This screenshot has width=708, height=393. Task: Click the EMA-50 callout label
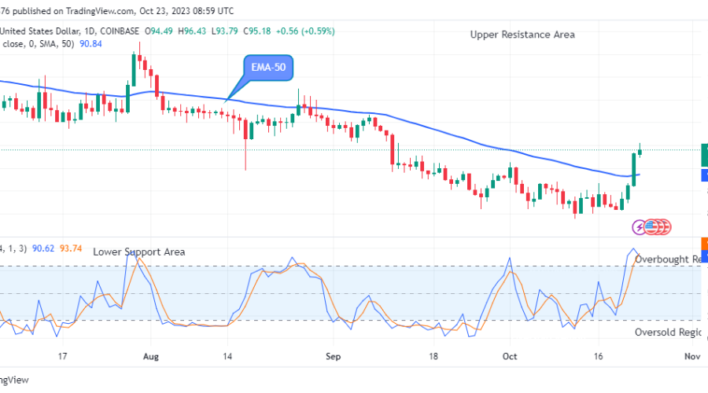tap(268, 68)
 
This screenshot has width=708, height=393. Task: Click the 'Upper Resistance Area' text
tap(522, 35)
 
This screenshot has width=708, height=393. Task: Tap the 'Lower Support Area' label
tap(139, 252)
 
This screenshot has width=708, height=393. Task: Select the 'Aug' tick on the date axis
tap(152, 356)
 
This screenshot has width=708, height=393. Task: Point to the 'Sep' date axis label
tap(332, 356)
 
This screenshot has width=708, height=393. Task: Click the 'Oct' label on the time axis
tap(509, 356)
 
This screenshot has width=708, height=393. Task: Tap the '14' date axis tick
tap(227, 356)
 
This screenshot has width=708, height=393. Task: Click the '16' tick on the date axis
tap(599, 356)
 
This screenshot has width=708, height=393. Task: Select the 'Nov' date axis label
tap(692, 356)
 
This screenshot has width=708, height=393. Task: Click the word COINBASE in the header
tap(119, 31)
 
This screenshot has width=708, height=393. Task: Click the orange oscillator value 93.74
tap(73, 248)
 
